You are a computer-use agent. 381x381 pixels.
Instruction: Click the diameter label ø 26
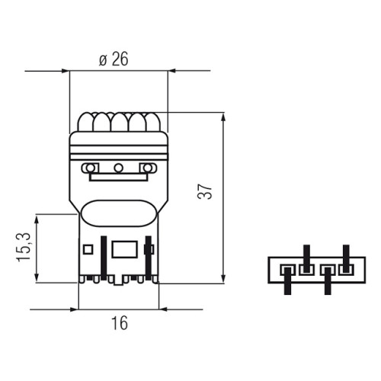(114, 59)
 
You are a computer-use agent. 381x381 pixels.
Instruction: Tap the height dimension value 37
(205, 191)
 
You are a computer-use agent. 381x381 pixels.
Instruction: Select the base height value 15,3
(24, 247)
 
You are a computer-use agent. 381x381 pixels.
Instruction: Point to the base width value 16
(120, 323)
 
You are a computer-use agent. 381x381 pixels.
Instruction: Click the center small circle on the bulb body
(118, 168)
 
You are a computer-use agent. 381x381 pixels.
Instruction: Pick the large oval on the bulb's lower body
(118, 213)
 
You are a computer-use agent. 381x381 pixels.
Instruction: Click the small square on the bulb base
(88, 249)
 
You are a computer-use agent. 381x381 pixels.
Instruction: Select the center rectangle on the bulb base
(125, 249)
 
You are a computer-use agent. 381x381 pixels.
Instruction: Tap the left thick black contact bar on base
(104, 258)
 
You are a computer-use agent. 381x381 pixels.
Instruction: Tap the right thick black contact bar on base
(149, 258)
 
